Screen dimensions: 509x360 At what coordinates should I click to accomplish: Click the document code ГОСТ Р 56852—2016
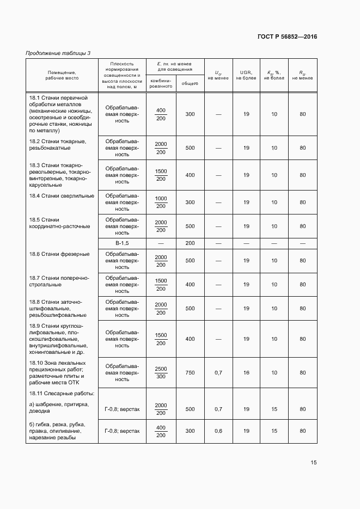[287, 37]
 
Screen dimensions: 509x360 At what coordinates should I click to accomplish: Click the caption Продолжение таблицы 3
[58, 53]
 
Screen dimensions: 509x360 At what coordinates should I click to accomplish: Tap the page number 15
[314, 463]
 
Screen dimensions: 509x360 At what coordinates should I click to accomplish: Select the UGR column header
[246, 75]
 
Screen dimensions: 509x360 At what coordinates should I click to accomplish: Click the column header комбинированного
[161, 83]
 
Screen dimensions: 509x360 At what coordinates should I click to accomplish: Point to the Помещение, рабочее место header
[62, 75]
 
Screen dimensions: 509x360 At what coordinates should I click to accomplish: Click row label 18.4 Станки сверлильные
[62, 195]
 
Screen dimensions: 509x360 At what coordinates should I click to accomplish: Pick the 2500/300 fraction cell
[161, 373]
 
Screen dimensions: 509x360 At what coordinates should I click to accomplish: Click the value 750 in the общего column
[190, 373]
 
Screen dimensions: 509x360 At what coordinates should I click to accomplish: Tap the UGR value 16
[246, 373]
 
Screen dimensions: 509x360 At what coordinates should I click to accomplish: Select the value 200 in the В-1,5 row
[190, 243]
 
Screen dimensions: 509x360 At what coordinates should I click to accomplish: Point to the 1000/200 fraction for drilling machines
[161, 202]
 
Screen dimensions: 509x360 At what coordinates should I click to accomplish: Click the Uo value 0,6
[218, 431]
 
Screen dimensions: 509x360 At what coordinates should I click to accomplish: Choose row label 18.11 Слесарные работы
[62, 393]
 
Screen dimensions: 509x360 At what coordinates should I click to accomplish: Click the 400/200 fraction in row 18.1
[161, 114]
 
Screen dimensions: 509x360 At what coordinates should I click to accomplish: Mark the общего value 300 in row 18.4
[190, 202]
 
